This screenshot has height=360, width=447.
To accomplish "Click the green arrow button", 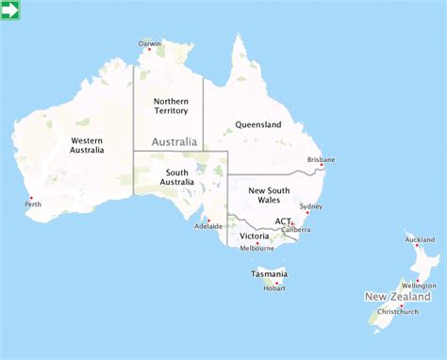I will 11,10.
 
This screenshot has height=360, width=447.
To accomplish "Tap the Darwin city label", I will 150,43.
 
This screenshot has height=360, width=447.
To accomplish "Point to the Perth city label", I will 33,204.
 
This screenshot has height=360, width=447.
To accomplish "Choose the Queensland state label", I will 258,124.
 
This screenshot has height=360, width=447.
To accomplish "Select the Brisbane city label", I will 321,160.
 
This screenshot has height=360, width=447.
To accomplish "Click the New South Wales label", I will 269,195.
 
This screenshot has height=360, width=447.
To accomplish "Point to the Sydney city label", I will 310,206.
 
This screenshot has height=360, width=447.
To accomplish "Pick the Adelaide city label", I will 208,226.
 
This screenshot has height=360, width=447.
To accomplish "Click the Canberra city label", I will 295,229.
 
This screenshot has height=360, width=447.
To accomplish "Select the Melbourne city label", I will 257,248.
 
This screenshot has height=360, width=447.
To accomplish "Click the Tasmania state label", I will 269,274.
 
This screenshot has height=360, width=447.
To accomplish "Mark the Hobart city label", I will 274,288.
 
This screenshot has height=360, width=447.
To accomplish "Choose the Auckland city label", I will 420,239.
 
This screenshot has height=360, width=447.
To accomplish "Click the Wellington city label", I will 418,286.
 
